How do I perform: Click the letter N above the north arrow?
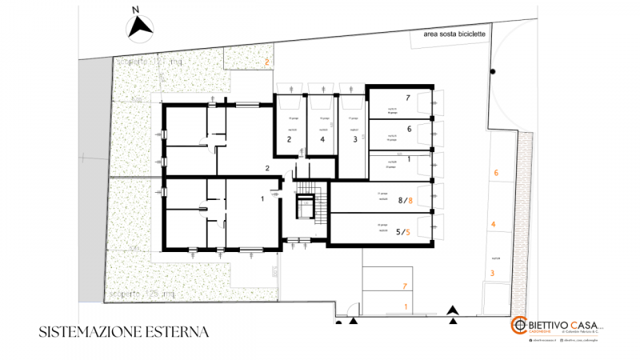[x=137, y=10]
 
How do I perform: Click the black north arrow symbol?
[x=141, y=29]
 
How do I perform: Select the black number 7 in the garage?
[x=407, y=98]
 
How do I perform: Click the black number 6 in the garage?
[x=409, y=128]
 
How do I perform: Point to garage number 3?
[x=354, y=139]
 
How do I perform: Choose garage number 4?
[x=322, y=139]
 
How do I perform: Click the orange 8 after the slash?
[x=410, y=200]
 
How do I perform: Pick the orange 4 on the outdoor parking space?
[x=494, y=224]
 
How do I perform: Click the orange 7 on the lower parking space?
[x=405, y=286]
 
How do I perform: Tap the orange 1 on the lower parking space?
[x=405, y=306]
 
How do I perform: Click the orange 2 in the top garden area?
[x=267, y=61]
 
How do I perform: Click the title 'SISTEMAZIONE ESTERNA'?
[x=123, y=330]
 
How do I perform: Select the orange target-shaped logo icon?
[x=518, y=326]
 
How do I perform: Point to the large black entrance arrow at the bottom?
[x=454, y=310]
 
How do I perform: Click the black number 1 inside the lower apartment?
[x=262, y=198]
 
